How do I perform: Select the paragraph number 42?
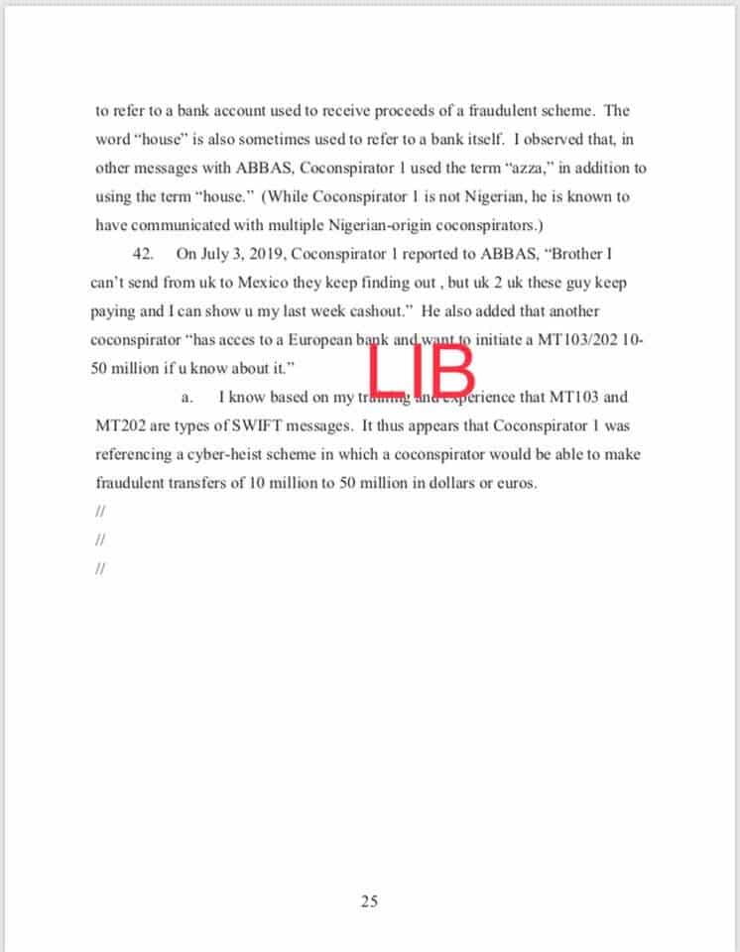(142, 254)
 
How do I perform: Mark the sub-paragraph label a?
(185, 398)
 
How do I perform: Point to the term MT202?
(120, 426)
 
